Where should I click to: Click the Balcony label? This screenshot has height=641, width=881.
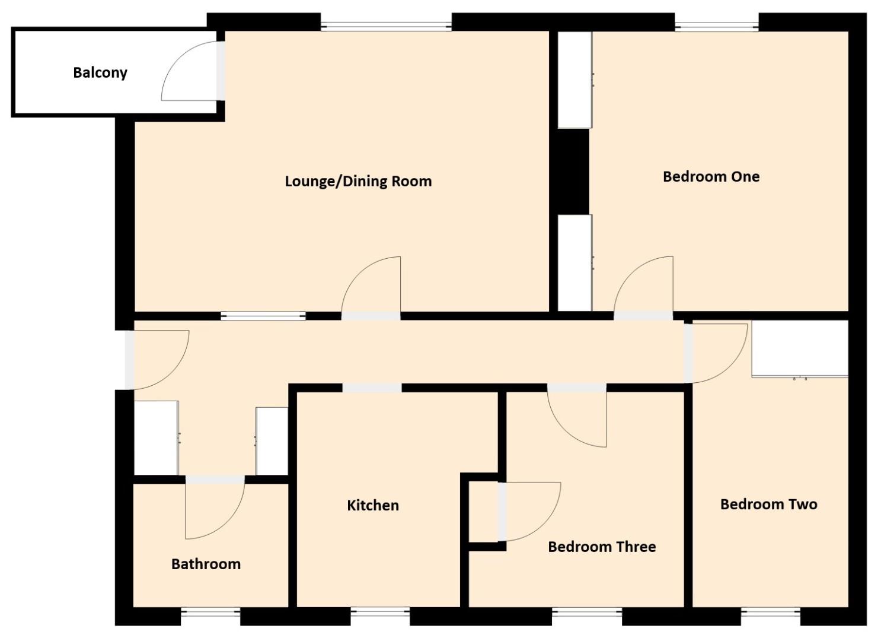tap(100, 72)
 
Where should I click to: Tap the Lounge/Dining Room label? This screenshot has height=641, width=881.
tap(358, 181)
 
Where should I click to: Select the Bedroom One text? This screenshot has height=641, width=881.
tap(711, 176)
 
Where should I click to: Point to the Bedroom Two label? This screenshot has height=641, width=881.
tap(768, 504)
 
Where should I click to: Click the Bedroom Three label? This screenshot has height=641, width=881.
tap(602, 547)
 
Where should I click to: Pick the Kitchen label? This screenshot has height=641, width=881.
tap(372, 506)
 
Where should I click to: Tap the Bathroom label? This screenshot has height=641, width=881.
tap(206, 564)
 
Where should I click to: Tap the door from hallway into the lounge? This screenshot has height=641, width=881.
tap(372, 288)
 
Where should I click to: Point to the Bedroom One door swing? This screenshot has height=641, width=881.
tap(645, 288)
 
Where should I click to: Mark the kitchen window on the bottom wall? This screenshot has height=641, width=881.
tap(380, 612)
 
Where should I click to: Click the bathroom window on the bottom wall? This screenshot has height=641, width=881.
tap(210, 612)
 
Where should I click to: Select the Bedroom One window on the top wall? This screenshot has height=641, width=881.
tap(717, 26)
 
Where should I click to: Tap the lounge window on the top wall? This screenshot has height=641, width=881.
tap(386, 26)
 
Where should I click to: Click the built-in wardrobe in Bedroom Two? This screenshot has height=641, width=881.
tap(800, 348)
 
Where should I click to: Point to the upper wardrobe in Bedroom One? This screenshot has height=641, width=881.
tap(574, 80)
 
